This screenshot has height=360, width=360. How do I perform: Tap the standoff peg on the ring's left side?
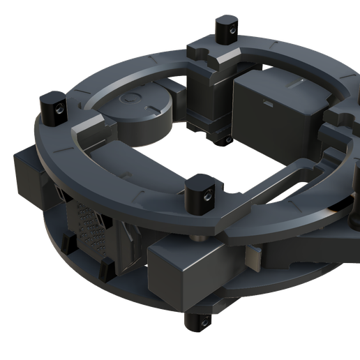tap(53, 105)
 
